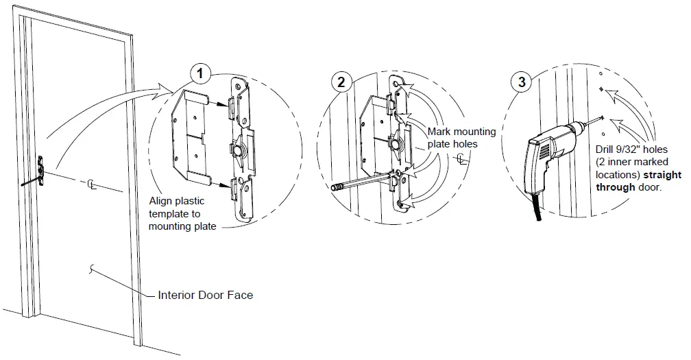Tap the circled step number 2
[x=341, y=82]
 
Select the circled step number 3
[x=522, y=82]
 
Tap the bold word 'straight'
[x=662, y=176]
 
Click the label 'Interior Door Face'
[x=205, y=296]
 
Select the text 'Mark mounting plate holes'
[x=453, y=138]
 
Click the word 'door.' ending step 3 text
[x=648, y=187]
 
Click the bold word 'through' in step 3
[x=615, y=187]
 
